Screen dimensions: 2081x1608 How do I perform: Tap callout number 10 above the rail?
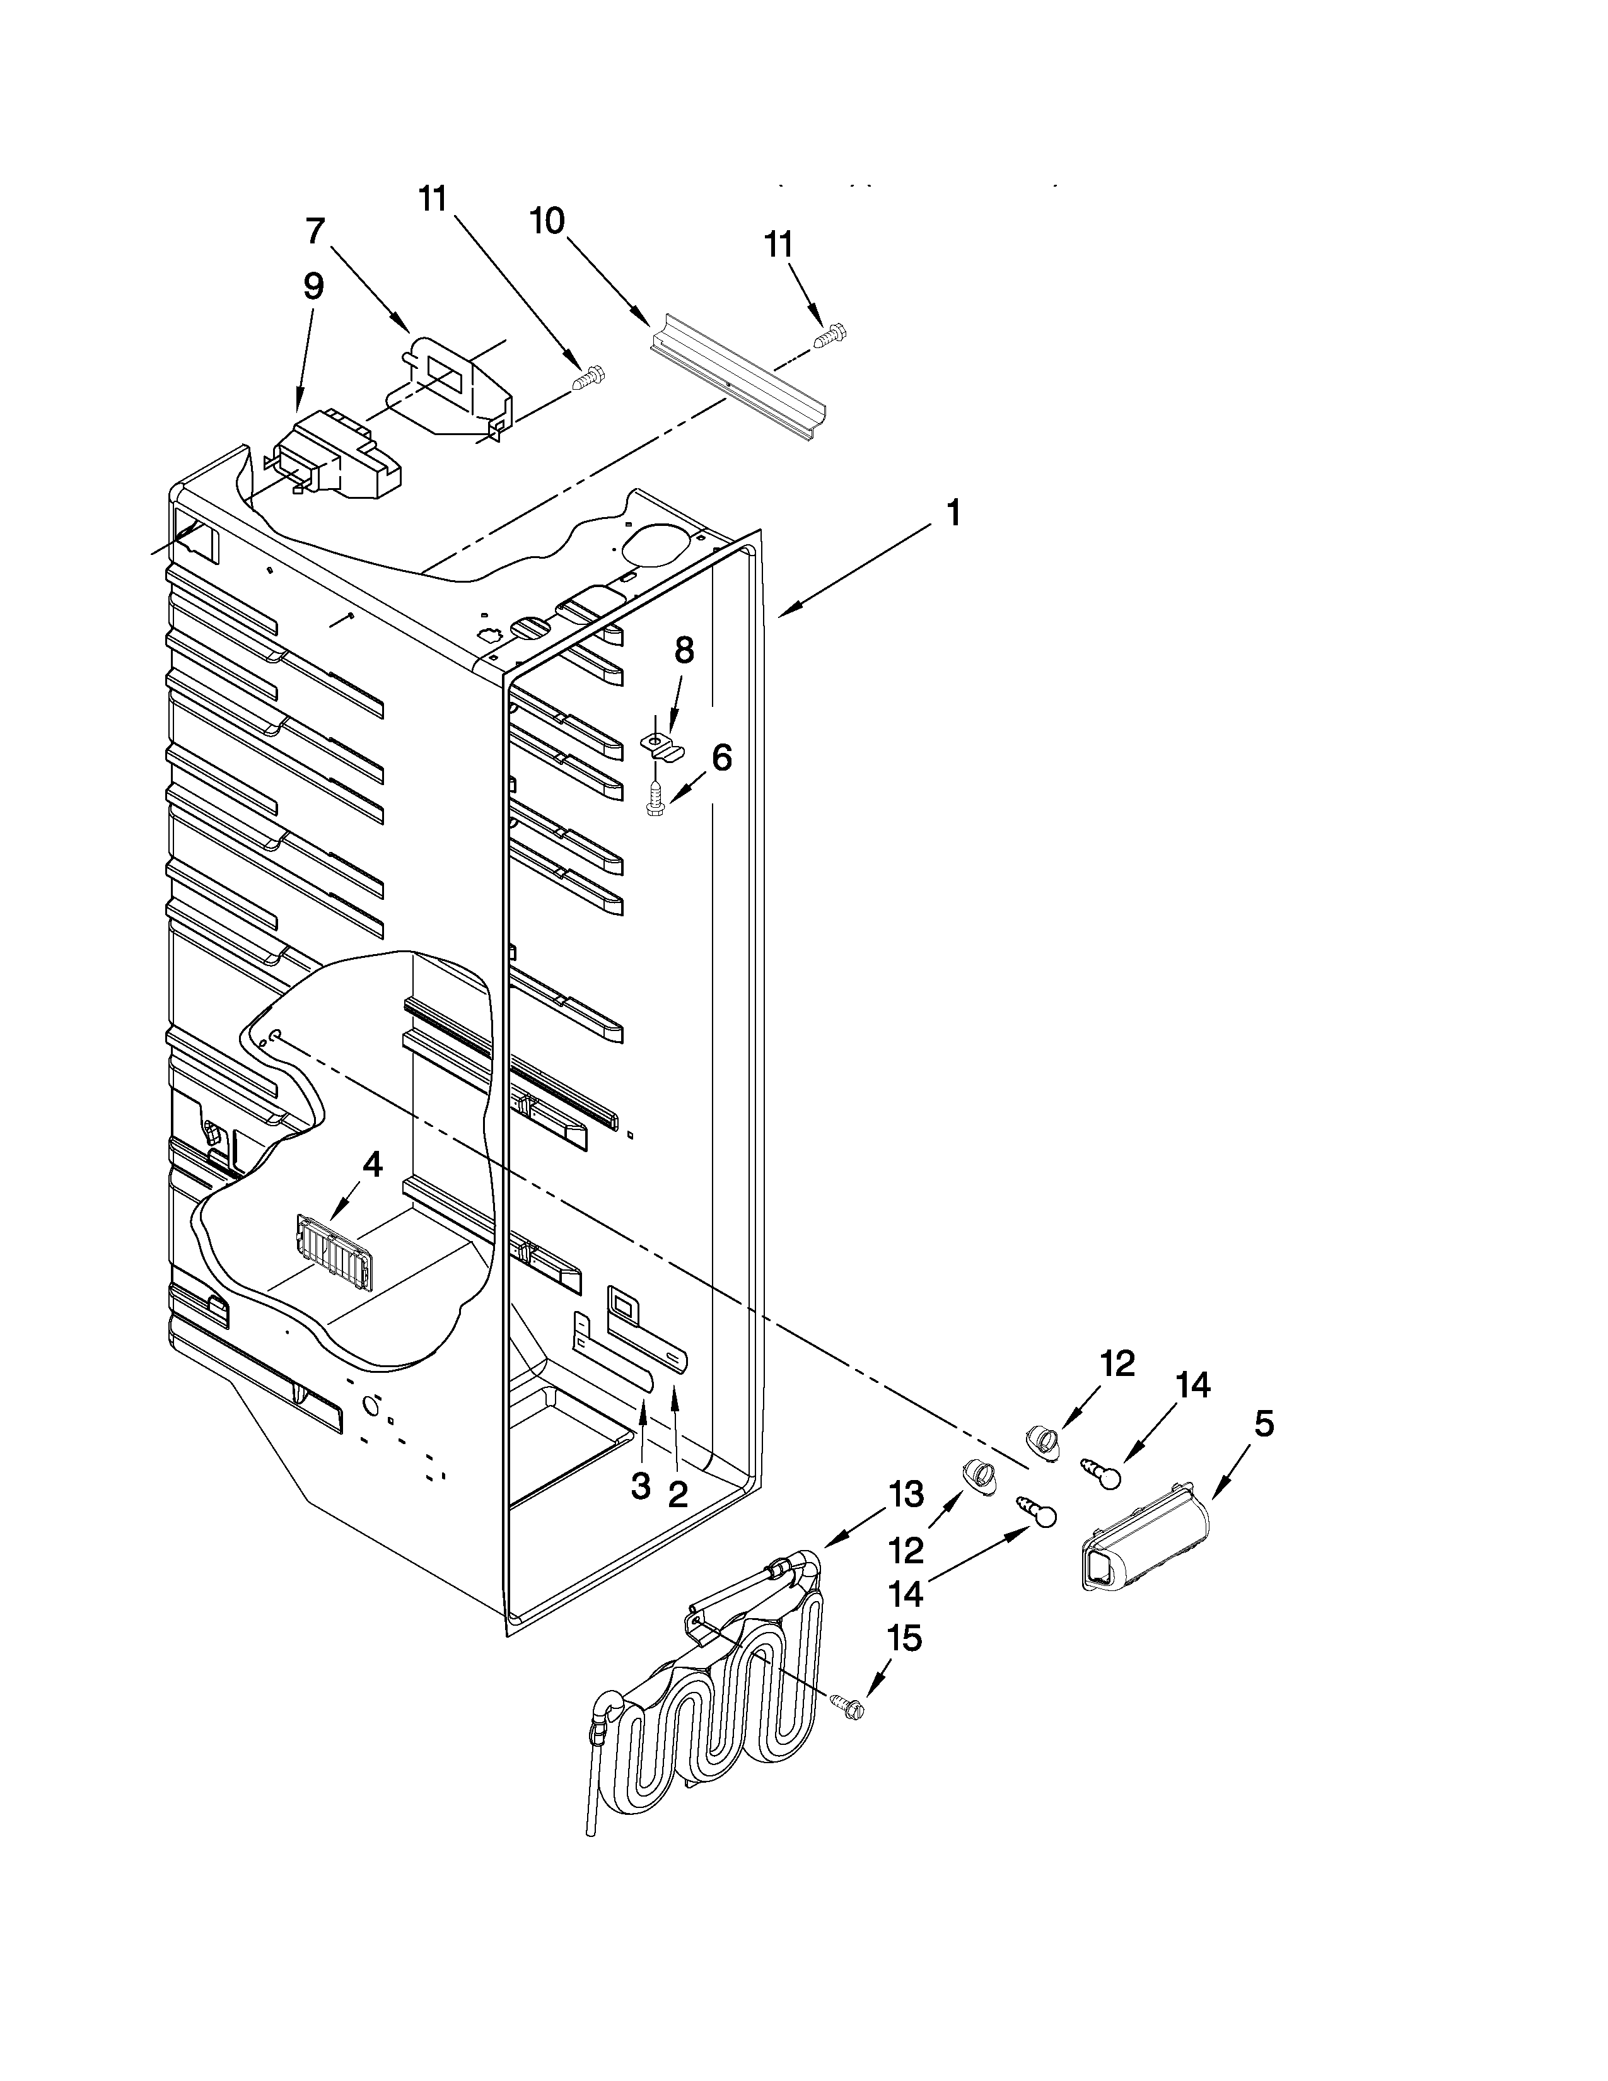point(548,222)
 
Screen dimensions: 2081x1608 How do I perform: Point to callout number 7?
point(315,231)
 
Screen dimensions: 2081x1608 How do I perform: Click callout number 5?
point(1263,1425)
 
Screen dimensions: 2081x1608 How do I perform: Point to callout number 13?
point(906,1494)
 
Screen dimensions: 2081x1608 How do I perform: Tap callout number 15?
point(904,1639)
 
